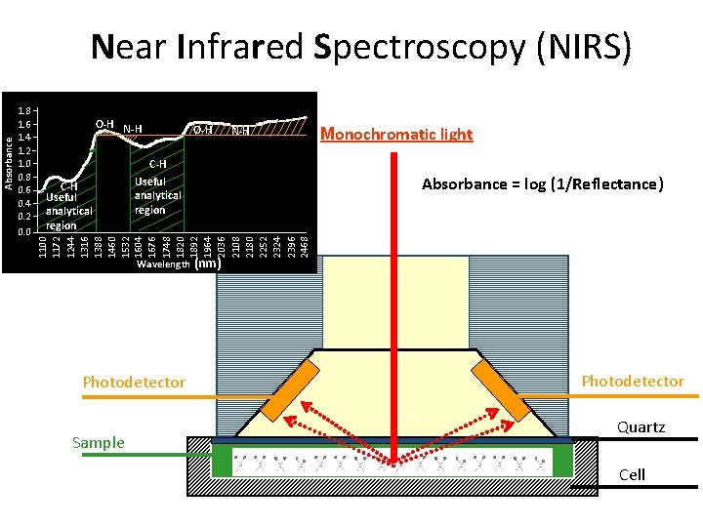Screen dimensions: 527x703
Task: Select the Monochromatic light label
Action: [x=396, y=134]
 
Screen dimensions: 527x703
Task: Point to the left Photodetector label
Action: [x=134, y=382]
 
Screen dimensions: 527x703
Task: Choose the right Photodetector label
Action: [x=633, y=381]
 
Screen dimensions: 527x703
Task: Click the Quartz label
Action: [x=641, y=427]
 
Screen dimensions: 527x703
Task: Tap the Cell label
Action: [x=633, y=474]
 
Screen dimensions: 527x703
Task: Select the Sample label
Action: [x=99, y=443]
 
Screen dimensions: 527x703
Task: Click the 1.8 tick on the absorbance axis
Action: [x=27, y=110]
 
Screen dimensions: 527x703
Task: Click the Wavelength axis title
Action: [x=163, y=264]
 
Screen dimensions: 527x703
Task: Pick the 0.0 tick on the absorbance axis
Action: [x=27, y=232]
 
